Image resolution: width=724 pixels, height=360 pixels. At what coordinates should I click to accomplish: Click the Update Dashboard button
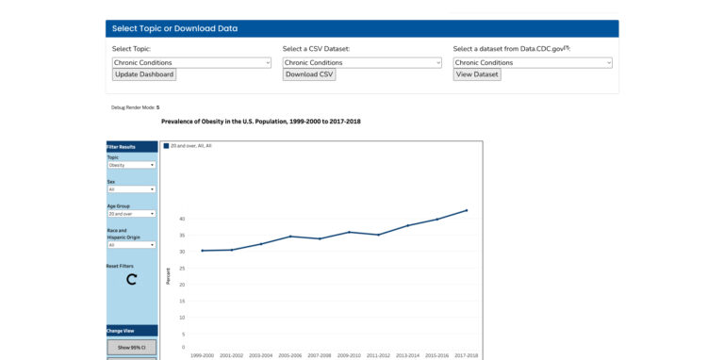point(143,74)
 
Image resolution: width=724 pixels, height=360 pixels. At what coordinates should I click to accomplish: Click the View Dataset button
point(477,74)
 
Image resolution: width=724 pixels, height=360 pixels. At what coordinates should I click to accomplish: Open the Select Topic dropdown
point(191,62)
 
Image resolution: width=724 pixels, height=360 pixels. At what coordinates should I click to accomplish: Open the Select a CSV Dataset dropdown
point(362,62)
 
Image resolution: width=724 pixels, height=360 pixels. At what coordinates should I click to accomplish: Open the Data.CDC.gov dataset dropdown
point(533,62)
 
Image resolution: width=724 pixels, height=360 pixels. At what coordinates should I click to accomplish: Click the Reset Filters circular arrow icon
point(131,279)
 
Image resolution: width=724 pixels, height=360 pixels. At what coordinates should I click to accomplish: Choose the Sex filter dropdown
point(131,189)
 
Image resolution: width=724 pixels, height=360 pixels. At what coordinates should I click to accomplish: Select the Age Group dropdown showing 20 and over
point(131,214)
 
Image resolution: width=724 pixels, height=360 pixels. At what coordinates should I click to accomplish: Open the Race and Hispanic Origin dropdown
point(131,245)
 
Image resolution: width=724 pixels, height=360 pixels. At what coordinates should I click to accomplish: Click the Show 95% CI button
point(131,347)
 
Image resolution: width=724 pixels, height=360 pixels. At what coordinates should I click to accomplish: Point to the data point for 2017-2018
point(467,211)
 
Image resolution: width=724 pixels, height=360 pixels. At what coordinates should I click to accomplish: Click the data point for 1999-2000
point(202,251)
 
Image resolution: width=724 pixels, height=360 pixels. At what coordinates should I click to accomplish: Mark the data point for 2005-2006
point(290,237)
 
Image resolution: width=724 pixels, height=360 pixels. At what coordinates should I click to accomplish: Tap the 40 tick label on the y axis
point(182,219)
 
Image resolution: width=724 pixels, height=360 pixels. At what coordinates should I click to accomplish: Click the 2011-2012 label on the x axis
point(378,355)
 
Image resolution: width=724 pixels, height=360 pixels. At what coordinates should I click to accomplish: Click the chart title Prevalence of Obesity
point(260,122)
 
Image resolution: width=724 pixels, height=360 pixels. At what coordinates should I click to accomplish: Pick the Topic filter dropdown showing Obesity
point(131,165)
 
